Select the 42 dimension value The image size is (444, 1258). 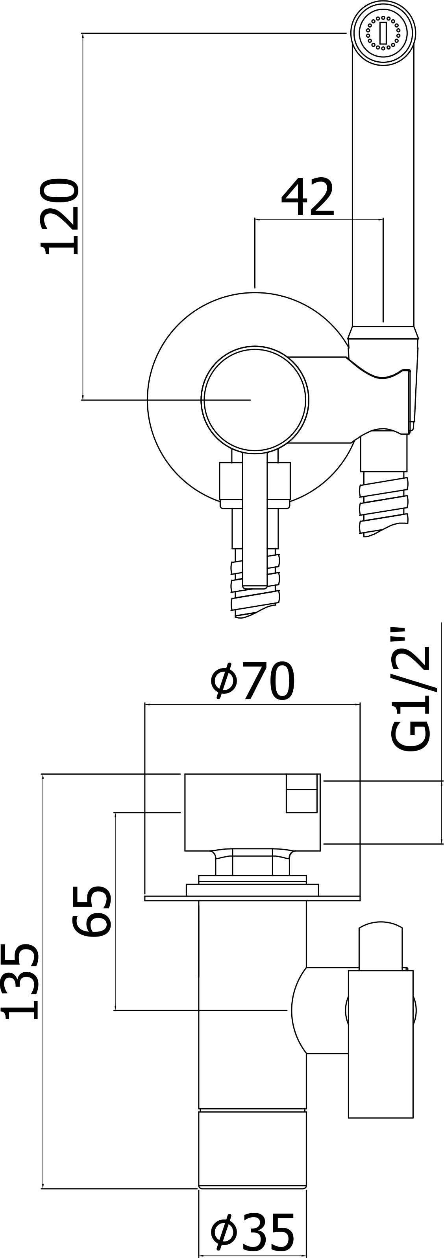coord(307,198)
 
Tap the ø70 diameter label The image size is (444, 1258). coord(253,681)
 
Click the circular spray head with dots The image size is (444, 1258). coord(383,33)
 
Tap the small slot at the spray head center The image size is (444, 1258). coord(383,33)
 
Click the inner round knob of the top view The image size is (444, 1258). coord(254,399)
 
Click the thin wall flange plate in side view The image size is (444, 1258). coord(252,898)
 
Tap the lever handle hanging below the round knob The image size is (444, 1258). coord(254,518)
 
